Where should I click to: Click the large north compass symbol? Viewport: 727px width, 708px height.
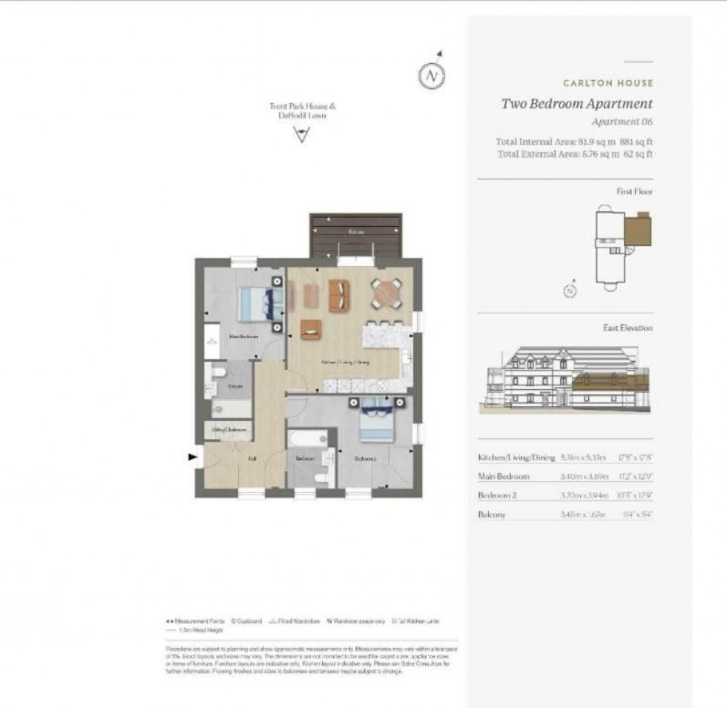point(432,76)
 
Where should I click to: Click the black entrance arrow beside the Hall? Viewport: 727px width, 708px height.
point(194,458)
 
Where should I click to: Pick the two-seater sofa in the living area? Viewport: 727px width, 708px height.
point(340,294)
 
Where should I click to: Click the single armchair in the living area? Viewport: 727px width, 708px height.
point(311,329)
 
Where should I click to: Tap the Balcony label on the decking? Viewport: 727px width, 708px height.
point(356,232)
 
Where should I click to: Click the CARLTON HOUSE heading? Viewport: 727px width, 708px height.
point(608,83)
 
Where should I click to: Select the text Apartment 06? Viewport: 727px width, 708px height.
point(622,122)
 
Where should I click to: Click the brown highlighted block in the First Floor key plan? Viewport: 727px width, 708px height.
point(639,229)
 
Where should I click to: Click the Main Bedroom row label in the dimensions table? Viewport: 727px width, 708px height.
point(504,476)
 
